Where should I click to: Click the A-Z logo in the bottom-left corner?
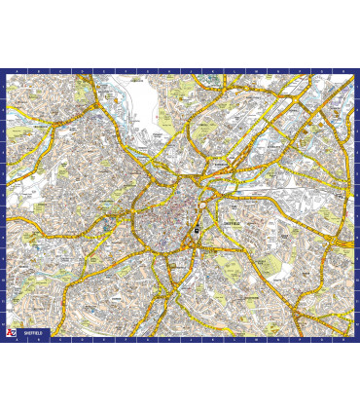[11, 332]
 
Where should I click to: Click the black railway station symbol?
[197, 231]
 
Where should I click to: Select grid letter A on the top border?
[16, 72]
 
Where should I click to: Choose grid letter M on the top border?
[248, 72]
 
